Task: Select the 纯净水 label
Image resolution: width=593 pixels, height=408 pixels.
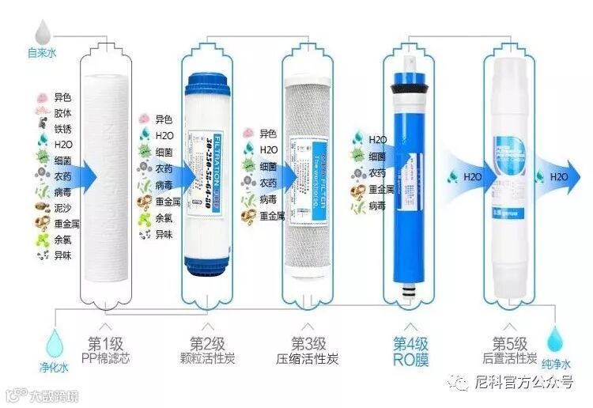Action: tap(557, 367)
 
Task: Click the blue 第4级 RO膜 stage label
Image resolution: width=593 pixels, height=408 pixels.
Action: tap(411, 352)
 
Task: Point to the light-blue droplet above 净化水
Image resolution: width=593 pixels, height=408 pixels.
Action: tap(54, 342)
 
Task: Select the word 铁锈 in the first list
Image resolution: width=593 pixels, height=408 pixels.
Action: tap(62, 128)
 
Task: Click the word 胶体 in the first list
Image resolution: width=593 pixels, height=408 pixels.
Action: tap(62, 113)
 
